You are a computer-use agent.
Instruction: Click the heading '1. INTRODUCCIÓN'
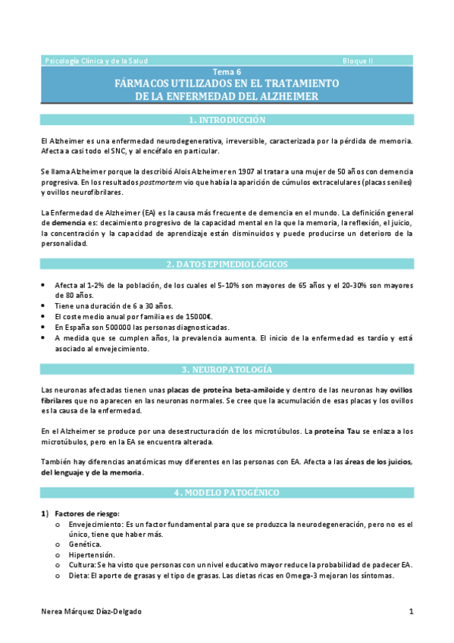227,120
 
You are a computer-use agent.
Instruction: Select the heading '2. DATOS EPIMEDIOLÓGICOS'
227,264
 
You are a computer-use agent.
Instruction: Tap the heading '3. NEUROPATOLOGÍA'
227,369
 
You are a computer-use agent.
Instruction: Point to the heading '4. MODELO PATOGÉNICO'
227,493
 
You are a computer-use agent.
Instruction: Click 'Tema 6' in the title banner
227,72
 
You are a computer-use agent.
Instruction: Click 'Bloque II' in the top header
357,60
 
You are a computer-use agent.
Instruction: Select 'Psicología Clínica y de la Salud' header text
97,60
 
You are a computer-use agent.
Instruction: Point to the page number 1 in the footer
411,611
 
